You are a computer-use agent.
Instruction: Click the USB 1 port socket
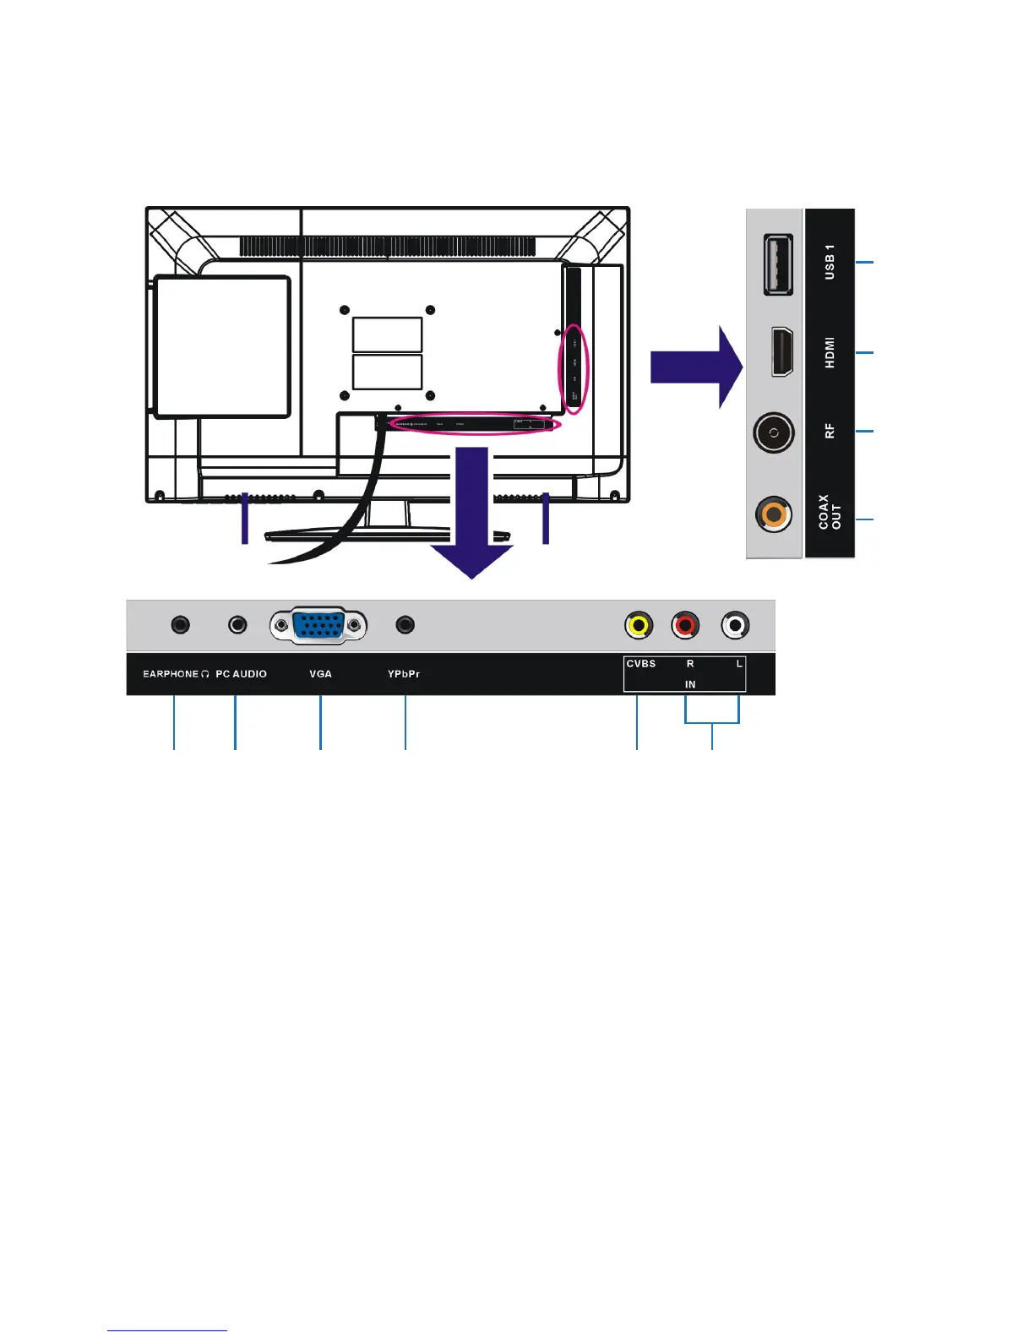point(778,264)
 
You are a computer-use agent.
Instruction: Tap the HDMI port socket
point(781,351)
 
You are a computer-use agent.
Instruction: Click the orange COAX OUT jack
point(773,513)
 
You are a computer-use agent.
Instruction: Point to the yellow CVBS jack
point(639,626)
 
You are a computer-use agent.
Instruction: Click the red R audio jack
point(686,626)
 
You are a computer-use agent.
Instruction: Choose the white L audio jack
point(736,626)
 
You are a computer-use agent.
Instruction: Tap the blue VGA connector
point(318,626)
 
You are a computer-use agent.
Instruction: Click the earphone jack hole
point(180,625)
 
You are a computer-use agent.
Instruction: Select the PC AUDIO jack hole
point(238,625)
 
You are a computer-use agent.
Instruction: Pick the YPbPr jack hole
point(405,625)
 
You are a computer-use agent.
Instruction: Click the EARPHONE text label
point(171,674)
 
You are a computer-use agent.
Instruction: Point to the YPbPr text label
point(404,674)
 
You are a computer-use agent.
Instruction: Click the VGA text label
point(320,674)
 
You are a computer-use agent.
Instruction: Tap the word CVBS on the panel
point(640,664)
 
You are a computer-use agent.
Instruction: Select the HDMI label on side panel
point(830,352)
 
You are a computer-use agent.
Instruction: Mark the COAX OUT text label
point(830,512)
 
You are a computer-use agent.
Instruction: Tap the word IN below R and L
point(690,684)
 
